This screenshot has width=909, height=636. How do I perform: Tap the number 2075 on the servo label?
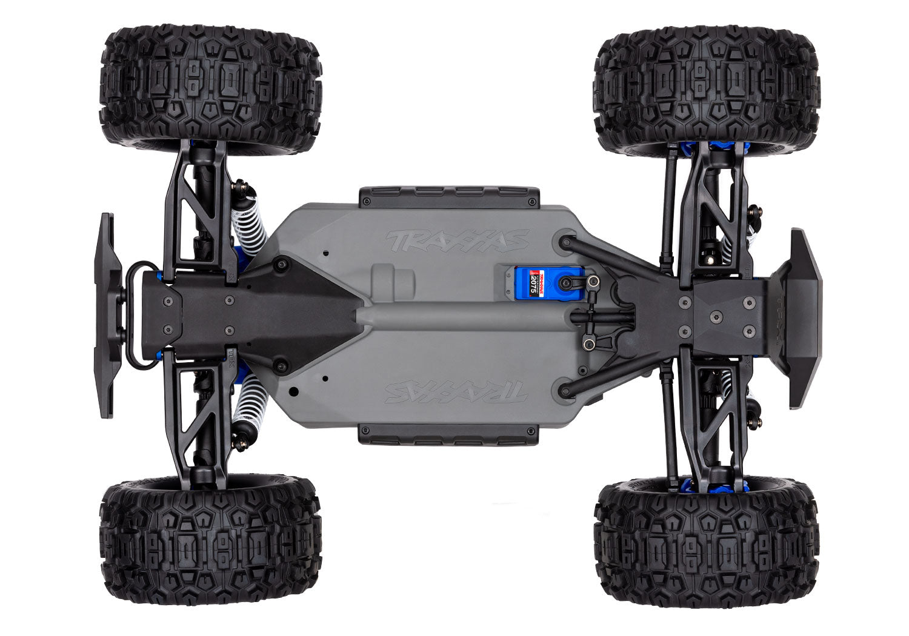[533, 283]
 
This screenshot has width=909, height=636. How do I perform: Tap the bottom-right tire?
[707, 542]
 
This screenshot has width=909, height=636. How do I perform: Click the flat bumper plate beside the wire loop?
[106, 315]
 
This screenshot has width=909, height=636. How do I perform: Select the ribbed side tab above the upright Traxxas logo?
[448, 196]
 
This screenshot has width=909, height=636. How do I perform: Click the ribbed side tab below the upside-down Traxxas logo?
[448, 434]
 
